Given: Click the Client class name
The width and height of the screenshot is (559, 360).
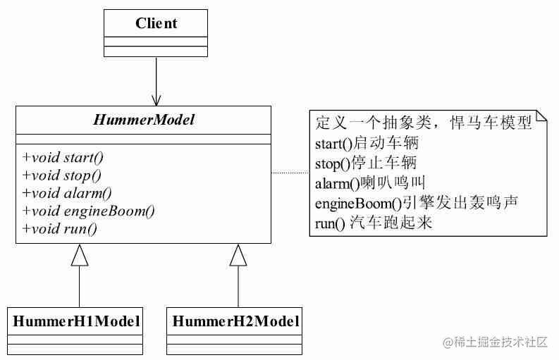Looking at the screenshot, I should pyautogui.click(x=156, y=23).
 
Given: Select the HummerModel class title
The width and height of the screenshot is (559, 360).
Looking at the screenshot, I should pyautogui.click(x=143, y=120).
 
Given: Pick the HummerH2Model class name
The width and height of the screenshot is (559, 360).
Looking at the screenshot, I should pyautogui.click(x=235, y=321).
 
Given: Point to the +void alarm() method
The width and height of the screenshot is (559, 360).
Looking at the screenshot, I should pyautogui.click(x=67, y=192).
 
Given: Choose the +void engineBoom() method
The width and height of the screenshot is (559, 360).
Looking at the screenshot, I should pyautogui.click(x=88, y=211).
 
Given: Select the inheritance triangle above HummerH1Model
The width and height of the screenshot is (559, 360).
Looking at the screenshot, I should pyautogui.click(x=80, y=255).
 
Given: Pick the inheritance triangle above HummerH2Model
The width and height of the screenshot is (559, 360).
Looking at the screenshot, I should pyautogui.click(x=238, y=255).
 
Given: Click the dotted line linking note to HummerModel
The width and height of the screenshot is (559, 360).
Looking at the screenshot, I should pyautogui.click(x=290, y=173).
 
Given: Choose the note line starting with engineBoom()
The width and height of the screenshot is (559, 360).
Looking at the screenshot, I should pyautogui.click(x=417, y=204).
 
